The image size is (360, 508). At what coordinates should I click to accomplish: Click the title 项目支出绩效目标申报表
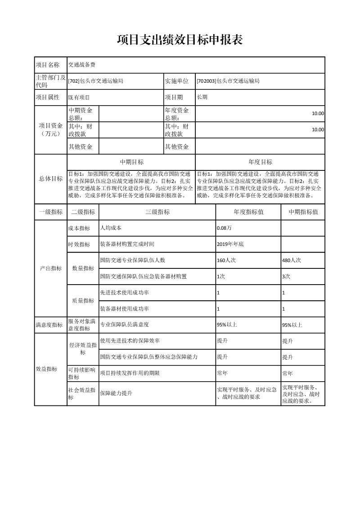[x=180, y=40]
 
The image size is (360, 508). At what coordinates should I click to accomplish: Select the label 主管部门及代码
[x=50, y=81]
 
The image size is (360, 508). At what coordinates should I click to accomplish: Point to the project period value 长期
[x=202, y=97]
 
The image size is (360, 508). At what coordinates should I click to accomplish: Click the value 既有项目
[x=79, y=97]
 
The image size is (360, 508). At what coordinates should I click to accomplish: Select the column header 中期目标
[x=131, y=162]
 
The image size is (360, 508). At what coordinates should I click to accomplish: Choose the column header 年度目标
[x=260, y=162]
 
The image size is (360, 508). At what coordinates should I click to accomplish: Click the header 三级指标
[x=157, y=212]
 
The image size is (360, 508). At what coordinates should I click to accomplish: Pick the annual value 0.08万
[x=224, y=228]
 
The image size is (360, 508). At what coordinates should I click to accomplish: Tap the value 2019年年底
[x=230, y=244]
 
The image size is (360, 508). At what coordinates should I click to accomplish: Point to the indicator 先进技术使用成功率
[x=125, y=293]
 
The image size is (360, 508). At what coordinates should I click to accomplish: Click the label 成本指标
[x=79, y=228]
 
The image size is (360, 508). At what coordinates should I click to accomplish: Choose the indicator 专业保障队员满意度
[x=125, y=325]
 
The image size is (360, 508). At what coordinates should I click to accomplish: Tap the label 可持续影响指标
[x=81, y=373]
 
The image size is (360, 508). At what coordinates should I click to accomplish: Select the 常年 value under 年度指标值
[x=222, y=373]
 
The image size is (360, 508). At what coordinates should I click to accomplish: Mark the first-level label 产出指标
[x=50, y=268]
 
